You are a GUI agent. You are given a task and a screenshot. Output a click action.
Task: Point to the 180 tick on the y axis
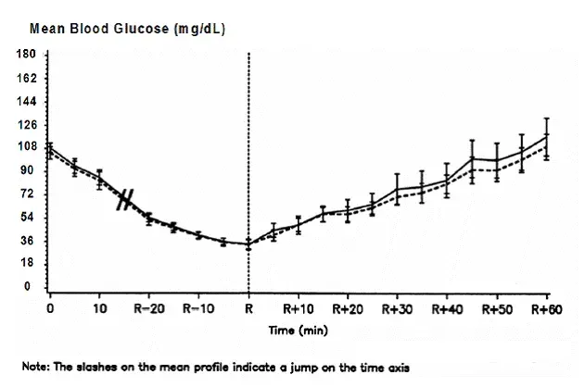26,55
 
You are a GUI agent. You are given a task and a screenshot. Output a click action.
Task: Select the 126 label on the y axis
26,125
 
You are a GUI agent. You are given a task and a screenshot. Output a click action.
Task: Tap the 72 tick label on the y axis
28,194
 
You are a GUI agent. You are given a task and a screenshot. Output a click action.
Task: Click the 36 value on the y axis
28,241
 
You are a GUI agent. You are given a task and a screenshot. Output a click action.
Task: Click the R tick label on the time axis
248,308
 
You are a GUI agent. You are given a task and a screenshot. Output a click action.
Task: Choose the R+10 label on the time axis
298,308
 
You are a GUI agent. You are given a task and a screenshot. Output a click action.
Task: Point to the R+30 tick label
397,308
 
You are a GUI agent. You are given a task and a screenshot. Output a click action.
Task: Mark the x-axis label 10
99,308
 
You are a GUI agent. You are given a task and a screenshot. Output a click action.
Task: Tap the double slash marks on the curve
126,199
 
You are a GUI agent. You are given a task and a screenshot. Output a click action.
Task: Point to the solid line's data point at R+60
546,136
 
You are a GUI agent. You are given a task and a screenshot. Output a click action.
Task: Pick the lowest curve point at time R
248,244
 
